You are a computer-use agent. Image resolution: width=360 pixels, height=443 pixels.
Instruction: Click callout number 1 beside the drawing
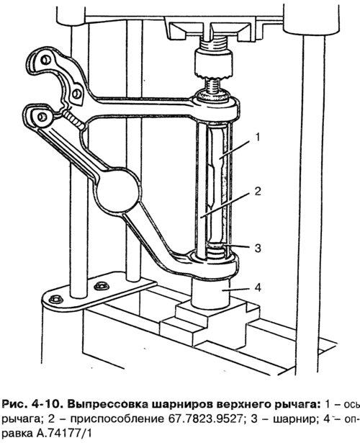point(257,138)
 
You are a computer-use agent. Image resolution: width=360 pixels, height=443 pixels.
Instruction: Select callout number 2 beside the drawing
point(258,192)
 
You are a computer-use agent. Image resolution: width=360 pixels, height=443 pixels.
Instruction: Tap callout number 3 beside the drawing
point(258,248)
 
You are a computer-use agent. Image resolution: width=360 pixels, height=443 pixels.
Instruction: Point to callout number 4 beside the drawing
point(258,288)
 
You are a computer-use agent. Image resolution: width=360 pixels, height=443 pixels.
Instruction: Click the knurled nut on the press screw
point(214,63)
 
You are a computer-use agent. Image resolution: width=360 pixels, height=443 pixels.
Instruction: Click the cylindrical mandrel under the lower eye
point(211,292)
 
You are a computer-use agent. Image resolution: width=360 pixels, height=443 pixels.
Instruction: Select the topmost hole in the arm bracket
point(45,60)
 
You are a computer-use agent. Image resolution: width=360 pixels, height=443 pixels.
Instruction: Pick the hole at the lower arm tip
point(42,116)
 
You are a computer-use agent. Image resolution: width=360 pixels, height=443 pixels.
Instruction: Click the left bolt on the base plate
point(56,299)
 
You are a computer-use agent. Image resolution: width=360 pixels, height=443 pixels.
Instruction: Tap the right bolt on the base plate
point(102,286)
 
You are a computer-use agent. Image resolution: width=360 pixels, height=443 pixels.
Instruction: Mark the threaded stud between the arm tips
point(73,120)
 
